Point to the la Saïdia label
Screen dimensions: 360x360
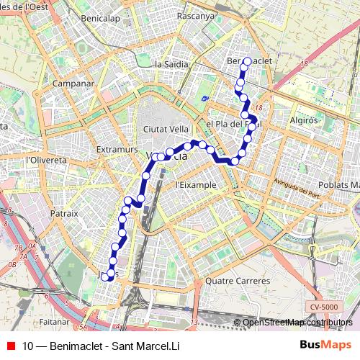pyautogui.click(x=171, y=64)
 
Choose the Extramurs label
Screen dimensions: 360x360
pyautogui.click(x=117, y=149)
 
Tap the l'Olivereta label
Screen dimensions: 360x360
pyautogui.click(x=46, y=161)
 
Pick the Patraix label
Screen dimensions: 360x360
pyautogui.click(x=64, y=214)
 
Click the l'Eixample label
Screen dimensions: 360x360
pyautogui.click(x=196, y=184)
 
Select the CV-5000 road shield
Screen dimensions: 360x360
pyautogui.click(x=324, y=307)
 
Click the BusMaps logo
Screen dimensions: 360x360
pyautogui.click(x=326, y=346)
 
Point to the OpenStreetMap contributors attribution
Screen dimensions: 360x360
pyautogui.click(x=297, y=323)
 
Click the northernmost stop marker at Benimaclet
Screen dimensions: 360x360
pyautogui.click(x=247, y=61)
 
